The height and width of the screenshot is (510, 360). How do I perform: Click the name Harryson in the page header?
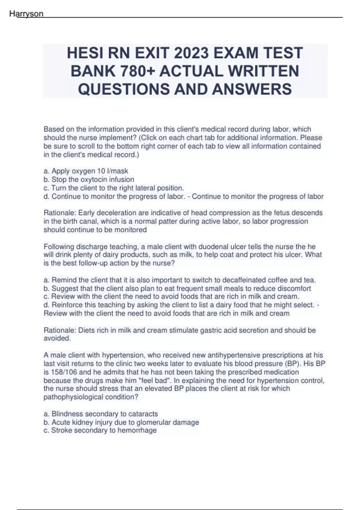tap(26, 14)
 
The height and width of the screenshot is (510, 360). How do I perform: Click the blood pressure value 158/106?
tap(63, 372)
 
